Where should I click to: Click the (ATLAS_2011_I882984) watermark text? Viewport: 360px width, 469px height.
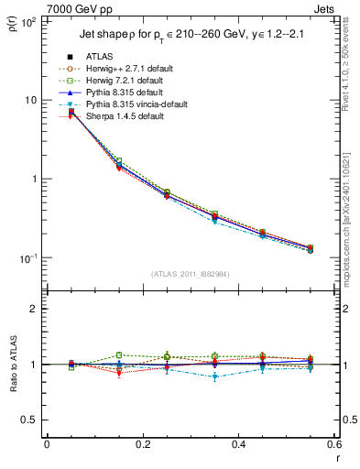pos(191,274)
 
